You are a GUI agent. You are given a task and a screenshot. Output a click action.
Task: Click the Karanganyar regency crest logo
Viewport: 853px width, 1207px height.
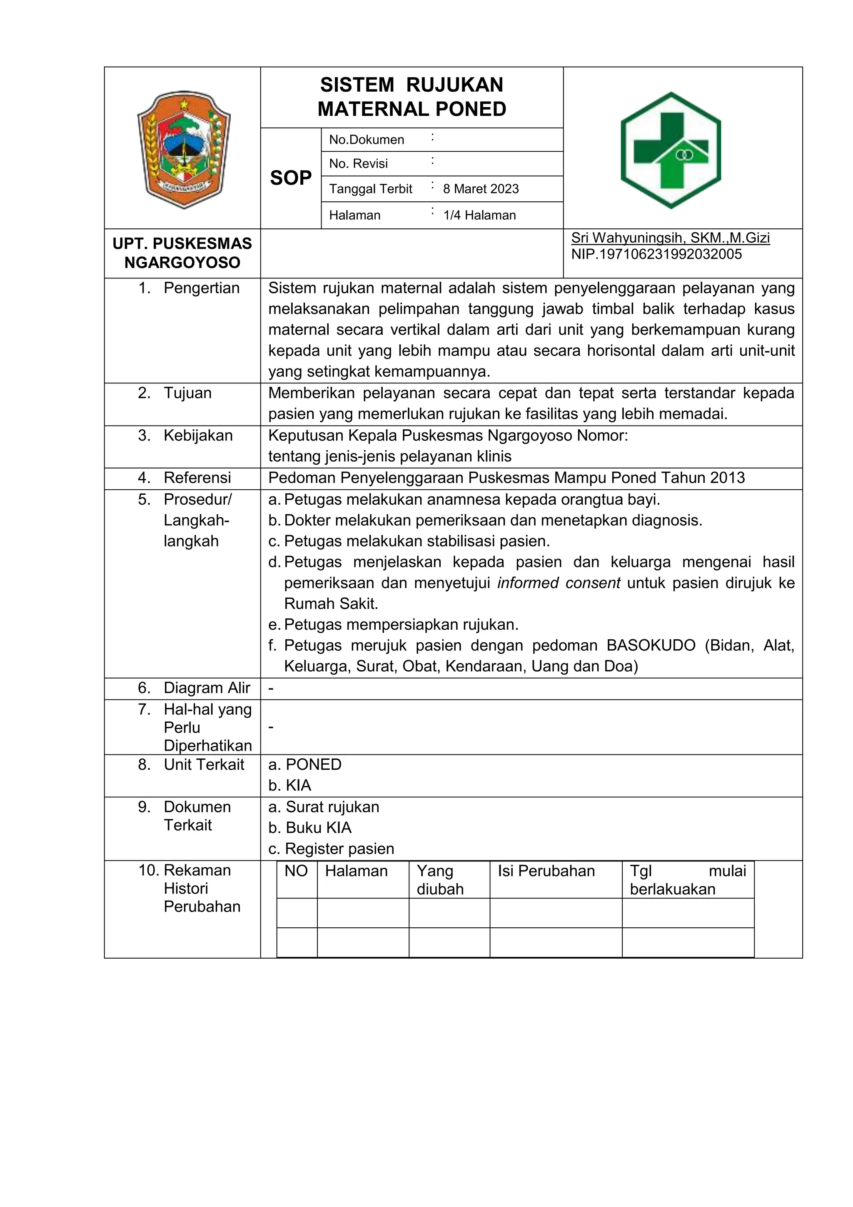tap(183, 150)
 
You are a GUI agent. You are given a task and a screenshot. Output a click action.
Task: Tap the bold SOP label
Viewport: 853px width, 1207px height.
tap(290, 178)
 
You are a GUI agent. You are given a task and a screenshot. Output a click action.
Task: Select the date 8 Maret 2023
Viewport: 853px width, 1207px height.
tap(481, 189)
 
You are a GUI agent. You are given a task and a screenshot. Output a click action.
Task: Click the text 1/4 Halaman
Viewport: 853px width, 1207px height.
tap(479, 215)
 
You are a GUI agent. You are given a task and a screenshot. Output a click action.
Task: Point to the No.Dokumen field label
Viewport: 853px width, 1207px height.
tap(366, 140)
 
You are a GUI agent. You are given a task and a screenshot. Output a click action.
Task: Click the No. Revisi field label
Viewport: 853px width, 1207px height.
tap(358, 163)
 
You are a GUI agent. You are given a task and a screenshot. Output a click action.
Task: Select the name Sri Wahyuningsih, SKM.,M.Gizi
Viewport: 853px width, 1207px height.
tap(670, 238)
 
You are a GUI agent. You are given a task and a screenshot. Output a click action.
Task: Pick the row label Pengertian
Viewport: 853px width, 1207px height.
tap(201, 288)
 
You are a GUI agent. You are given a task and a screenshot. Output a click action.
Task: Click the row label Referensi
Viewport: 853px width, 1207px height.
tap(197, 478)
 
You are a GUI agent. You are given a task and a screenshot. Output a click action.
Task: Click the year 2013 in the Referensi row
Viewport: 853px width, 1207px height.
tap(727, 478)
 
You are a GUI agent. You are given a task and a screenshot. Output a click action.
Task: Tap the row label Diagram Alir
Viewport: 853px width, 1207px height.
tap(207, 688)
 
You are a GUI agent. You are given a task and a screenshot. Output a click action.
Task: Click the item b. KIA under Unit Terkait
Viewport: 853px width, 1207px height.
tap(289, 785)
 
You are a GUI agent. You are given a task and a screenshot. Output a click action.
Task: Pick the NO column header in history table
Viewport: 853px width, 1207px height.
tap(296, 871)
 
